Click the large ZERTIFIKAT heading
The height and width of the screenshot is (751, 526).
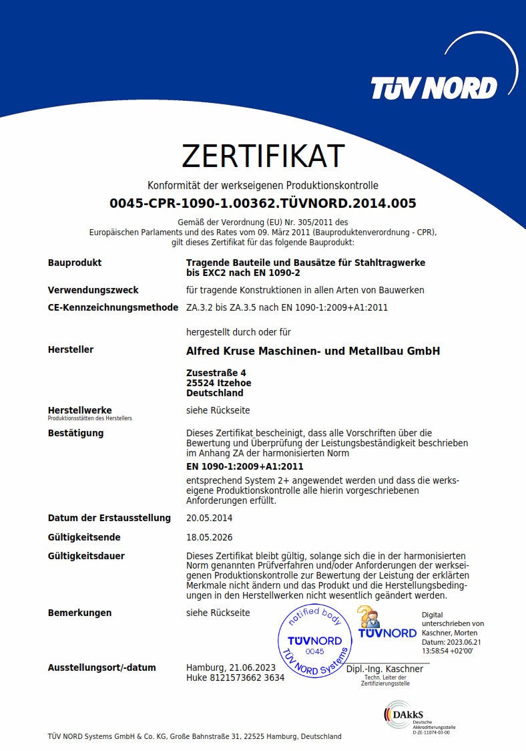tap(263, 156)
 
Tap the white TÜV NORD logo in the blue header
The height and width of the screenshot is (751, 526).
tap(434, 88)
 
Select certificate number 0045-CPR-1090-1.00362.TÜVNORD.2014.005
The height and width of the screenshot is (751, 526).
tap(263, 204)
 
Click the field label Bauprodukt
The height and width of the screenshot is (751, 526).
tap(75, 263)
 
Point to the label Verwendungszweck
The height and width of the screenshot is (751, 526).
tap(93, 290)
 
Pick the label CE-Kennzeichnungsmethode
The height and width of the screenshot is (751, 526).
tap(113, 307)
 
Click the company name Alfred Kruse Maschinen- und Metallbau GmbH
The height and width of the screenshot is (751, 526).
tap(313, 351)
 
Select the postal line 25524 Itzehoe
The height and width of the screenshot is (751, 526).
tap(219, 383)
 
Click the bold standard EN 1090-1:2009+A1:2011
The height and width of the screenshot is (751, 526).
tap(245, 466)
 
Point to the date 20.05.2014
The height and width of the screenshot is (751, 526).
tap(210, 518)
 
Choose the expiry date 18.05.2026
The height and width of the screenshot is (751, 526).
tap(210, 537)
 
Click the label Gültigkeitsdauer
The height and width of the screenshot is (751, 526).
tap(86, 556)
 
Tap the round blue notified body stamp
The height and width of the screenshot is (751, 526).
tap(314, 641)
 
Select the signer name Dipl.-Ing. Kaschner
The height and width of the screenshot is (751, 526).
tap(384, 669)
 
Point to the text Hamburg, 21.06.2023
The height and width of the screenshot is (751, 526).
tap(231, 667)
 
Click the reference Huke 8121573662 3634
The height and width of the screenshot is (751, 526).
tap(235, 678)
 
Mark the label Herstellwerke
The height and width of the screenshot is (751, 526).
tap(80, 410)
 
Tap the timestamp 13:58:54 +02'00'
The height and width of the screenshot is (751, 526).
tap(447, 650)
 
